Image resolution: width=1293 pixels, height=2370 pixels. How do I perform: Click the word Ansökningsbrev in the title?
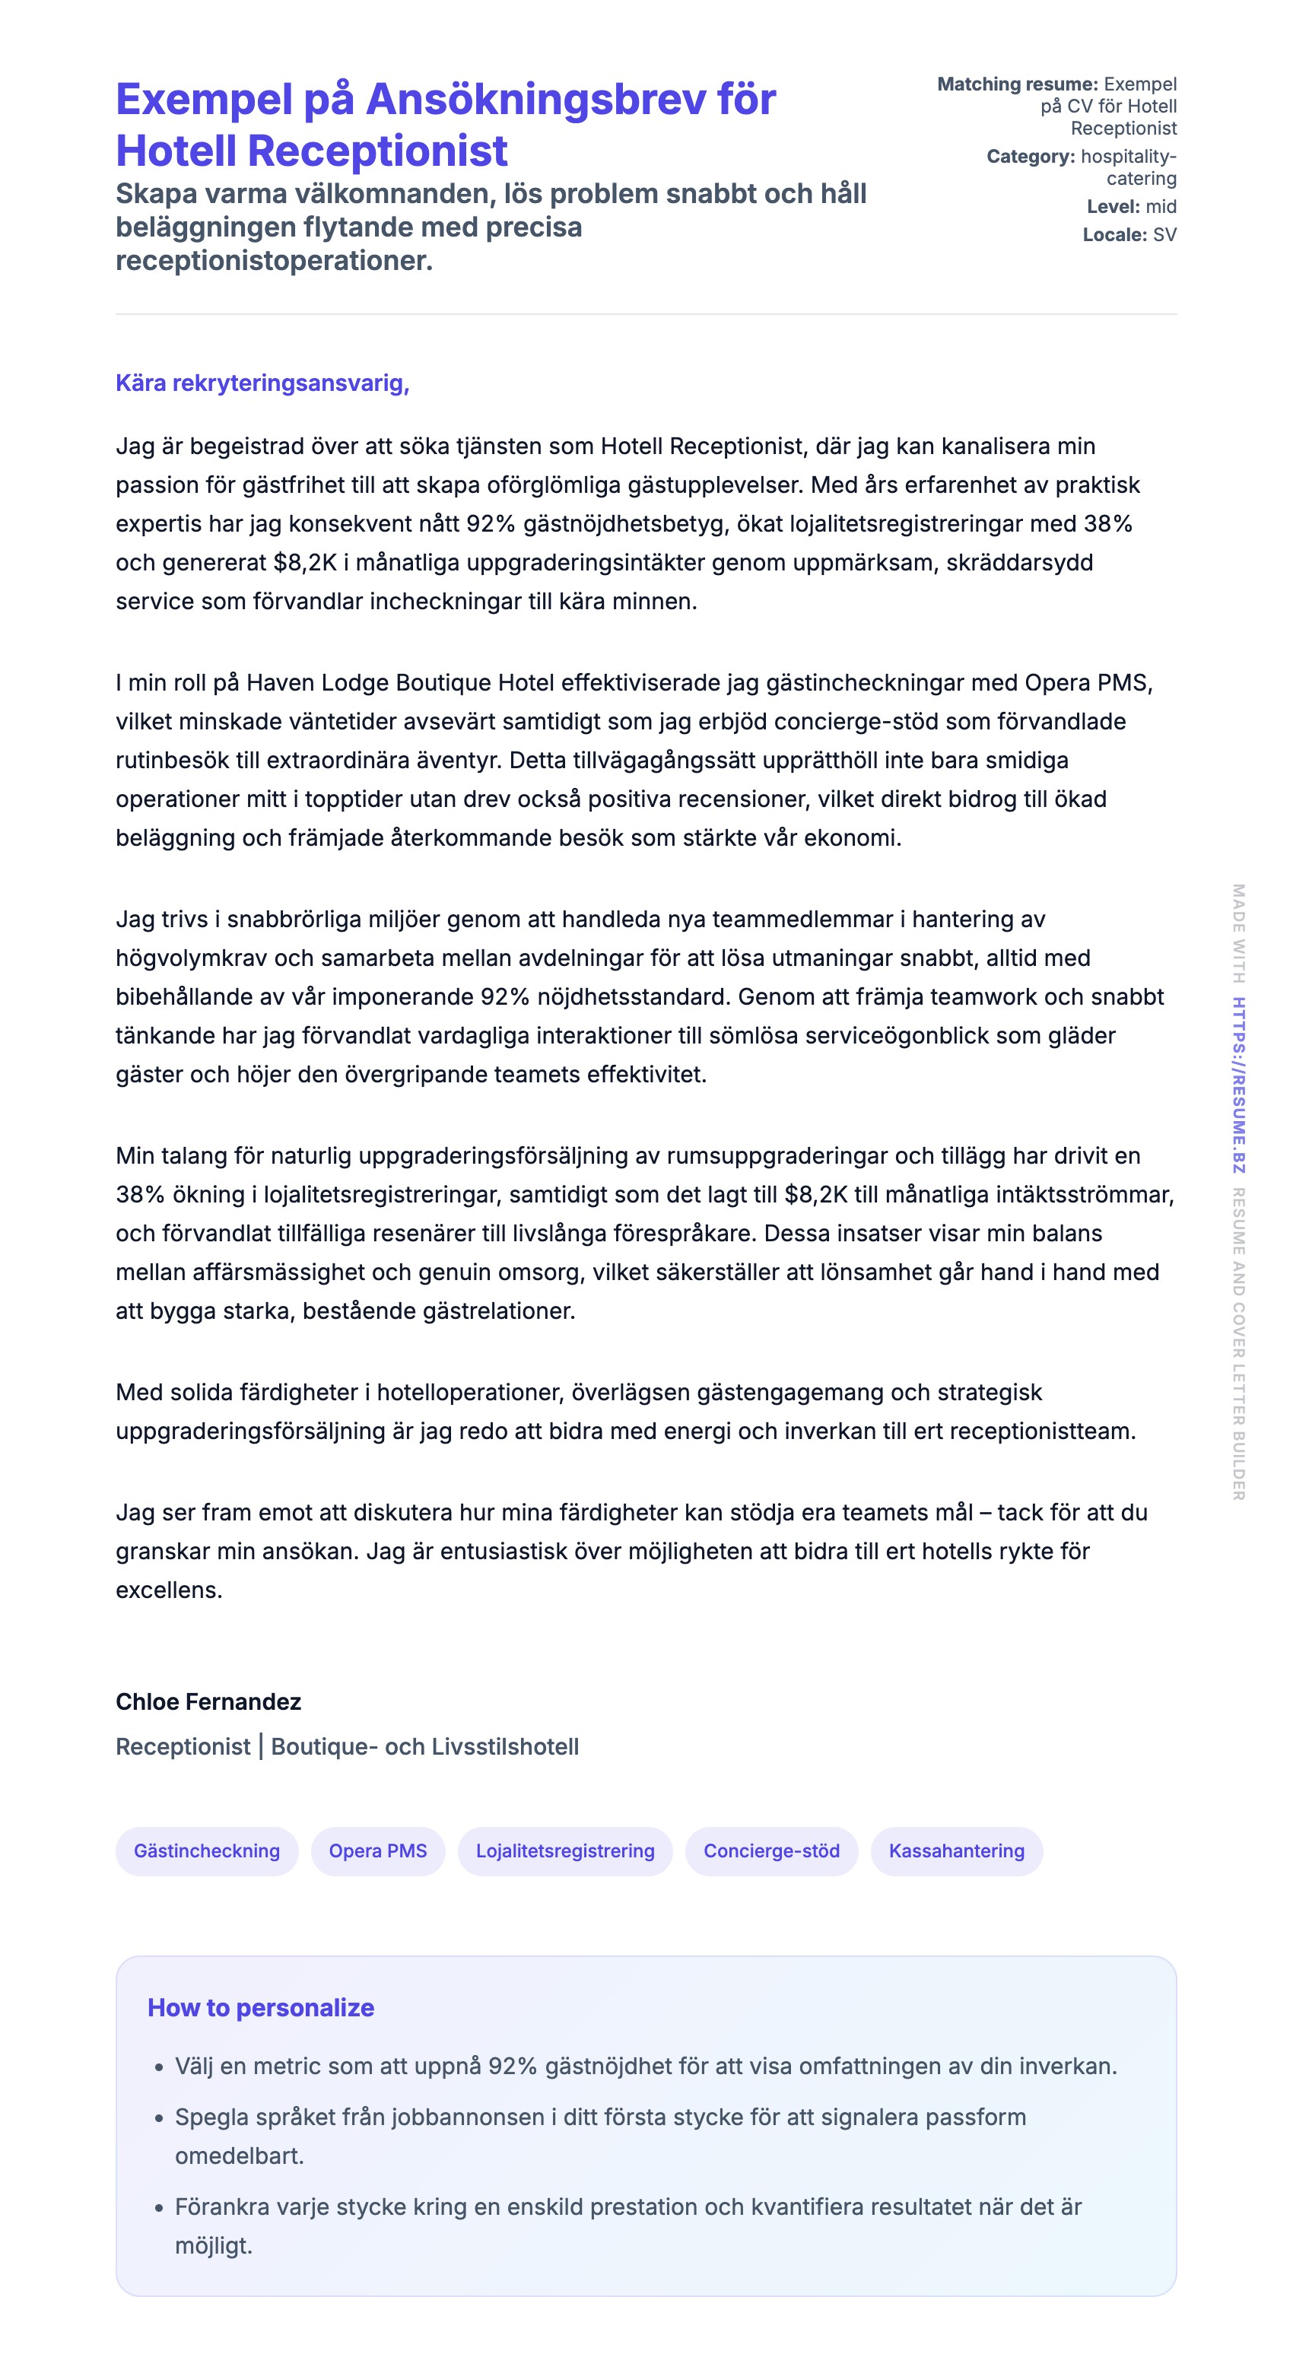pyautogui.click(x=570, y=100)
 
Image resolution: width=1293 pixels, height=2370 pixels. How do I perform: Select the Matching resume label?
pyautogui.click(x=1017, y=84)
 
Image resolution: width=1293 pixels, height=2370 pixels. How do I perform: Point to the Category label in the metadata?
pyautogui.click(x=1030, y=157)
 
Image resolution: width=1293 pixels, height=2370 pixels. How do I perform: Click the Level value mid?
pyautogui.click(x=1161, y=207)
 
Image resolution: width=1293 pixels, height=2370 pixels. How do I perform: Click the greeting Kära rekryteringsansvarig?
pyautogui.click(x=262, y=383)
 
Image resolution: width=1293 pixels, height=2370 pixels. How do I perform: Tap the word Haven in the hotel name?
pyautogui.click(x=280, y=683)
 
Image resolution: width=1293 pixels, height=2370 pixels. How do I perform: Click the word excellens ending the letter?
pyautogui.click(x=168, y=1590)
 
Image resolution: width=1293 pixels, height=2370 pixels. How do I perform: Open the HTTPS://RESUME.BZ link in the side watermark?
pyautogui.click(x=1239, y=1085)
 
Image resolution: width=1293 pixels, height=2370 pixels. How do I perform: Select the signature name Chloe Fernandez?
pyautogui.click(x=208, y=1702)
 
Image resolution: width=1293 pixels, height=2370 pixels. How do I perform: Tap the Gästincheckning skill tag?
pyautogui.click(x=207, y=1851)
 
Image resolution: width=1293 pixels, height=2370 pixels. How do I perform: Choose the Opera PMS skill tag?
pyautogui.click(x=377, y=1851)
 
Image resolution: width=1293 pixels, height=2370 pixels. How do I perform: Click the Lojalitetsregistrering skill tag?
pyautogui.click(x=565, y=1851)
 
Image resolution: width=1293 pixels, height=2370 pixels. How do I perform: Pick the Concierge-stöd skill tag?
pyautogui.click(x=771, y=1851)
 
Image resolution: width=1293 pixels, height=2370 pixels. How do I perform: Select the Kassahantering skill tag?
pyautogui.click(x=956, y=1851)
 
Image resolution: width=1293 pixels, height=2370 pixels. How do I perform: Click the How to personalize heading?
pyautogui.click(x=260, y=2007)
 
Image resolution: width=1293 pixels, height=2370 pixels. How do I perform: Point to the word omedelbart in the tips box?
pyautogui.click(x=238, y=2156)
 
